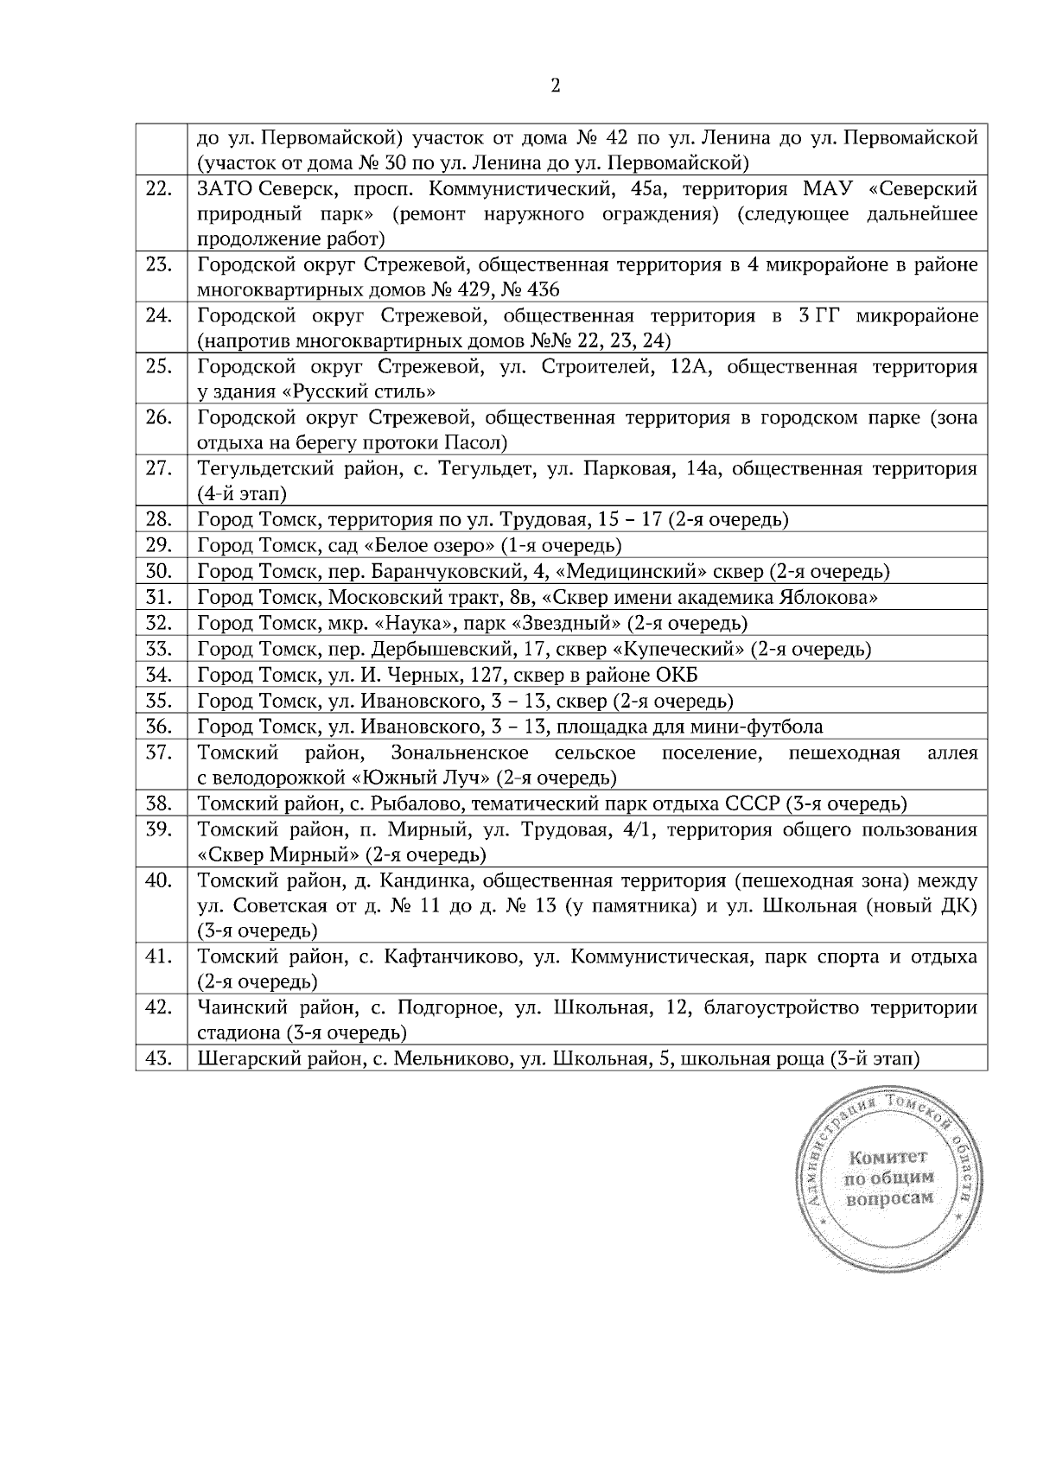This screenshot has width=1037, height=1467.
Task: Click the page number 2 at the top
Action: tap(555, 86)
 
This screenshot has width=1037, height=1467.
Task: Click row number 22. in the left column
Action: tap(159, 188)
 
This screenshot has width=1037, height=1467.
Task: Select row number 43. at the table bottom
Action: tap(159, 1058)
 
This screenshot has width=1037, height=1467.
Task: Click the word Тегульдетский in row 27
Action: tap(253, 469)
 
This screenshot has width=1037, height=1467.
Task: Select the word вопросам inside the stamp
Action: tap(890, 1199)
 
